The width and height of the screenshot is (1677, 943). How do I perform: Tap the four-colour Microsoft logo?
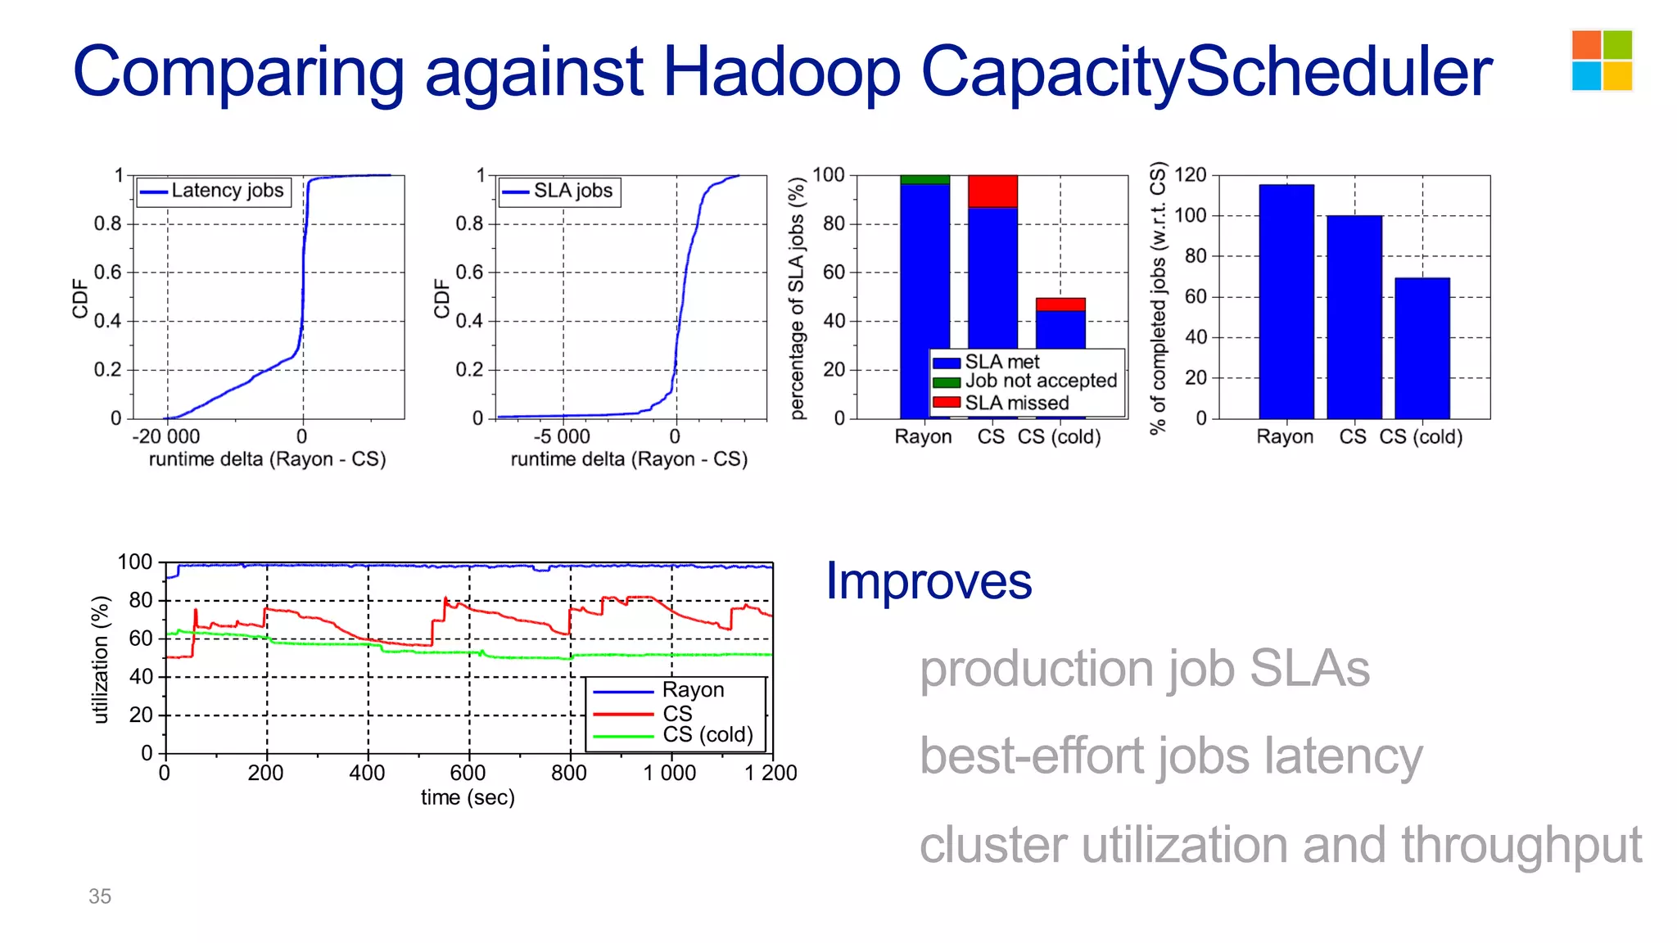coord(1602,61)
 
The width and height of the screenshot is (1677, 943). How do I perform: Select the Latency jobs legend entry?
coord(215,191)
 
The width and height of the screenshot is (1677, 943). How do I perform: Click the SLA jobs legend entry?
coord(560,192)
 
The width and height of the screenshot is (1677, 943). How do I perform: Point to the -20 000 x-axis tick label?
coord(166,437)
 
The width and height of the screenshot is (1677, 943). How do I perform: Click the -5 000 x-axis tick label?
coord(562,437)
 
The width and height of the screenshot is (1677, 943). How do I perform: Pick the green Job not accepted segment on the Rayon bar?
coord(924,179)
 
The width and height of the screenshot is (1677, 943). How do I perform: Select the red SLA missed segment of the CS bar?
coord(992,192)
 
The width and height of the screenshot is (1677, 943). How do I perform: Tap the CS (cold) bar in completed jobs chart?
coord(1422,348)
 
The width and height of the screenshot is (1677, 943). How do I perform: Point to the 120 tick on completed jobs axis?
coord(1190,175)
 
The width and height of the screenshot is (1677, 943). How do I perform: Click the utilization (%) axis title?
coord(100,659)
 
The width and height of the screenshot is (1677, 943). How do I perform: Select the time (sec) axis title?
coord(468,797)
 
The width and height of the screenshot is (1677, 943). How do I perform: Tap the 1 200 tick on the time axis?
coord(771,773)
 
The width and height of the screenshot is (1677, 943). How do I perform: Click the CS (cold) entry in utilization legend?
coord(707,735)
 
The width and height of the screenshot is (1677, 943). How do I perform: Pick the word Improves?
coord(929,581)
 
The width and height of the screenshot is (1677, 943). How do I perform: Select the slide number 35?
coord(100,896)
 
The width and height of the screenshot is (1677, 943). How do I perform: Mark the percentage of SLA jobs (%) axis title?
coord(797,299)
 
